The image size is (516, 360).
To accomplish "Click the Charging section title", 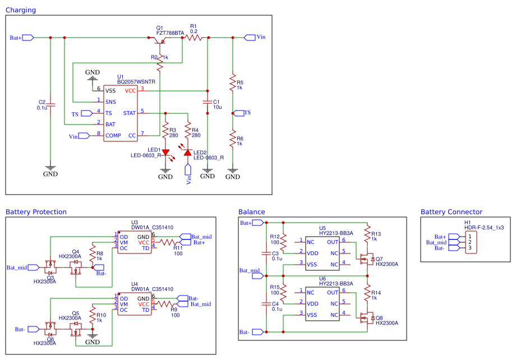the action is click(x=21, y=10).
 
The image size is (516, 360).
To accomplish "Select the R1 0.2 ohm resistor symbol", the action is click(x=194, y=38).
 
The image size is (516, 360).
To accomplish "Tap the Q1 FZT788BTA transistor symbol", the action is click(x=160, y=40).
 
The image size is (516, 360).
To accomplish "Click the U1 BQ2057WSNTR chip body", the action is click(x=121, y=113).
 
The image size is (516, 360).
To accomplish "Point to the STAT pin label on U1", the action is click(x=130, y=113).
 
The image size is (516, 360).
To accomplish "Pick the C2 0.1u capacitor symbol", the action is click(x=50, y=105).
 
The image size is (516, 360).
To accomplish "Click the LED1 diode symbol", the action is click(x=165, y=153).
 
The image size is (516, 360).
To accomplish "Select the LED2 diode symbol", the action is click(x=188, y=153).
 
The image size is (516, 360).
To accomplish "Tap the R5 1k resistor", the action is click(x=233, y=82).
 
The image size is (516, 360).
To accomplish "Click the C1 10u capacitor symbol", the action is click(x=208, y=101).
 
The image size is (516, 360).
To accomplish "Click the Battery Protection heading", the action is click(x=36, y=212).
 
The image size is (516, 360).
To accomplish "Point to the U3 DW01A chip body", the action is click(x=135, y=242).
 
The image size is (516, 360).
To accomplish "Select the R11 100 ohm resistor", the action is click(x=168, y=242).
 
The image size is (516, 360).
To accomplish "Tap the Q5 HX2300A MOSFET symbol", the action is click(x=76, y=329).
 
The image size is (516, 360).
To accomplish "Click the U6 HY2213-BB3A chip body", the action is click(x=322, y=304).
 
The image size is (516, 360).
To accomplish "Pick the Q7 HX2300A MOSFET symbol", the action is click(x=366, y=259).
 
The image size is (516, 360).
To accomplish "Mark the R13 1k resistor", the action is click(x=367, y=234).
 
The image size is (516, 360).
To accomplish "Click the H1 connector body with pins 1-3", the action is click(x=471, y=242).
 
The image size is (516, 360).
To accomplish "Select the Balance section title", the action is click(x=252, y=212).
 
